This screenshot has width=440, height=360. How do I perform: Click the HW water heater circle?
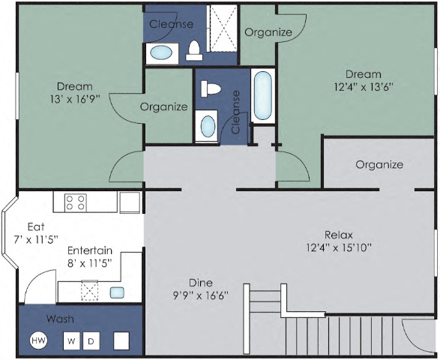point(37,341)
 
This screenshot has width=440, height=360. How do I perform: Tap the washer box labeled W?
point(72,341)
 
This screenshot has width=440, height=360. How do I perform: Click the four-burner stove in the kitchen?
point(75,202)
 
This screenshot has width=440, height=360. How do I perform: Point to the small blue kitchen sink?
point(118,292)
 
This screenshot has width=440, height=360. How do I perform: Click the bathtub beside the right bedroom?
point(263,95)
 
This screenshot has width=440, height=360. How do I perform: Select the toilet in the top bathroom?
point(194,50)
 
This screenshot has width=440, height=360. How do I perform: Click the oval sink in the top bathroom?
point(160,52)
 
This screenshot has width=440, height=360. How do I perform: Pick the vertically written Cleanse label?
point(236,112)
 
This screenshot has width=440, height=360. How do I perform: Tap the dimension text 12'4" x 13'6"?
point(364,86)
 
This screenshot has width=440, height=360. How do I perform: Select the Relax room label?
point(339,233)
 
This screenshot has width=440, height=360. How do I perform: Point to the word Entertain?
point(89,250)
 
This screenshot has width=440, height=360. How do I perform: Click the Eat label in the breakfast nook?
point(36,226)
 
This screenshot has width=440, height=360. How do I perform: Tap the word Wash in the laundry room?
point(59,319)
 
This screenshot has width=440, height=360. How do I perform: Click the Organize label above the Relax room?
point(379,164)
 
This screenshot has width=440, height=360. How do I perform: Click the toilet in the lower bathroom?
point(211,88)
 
